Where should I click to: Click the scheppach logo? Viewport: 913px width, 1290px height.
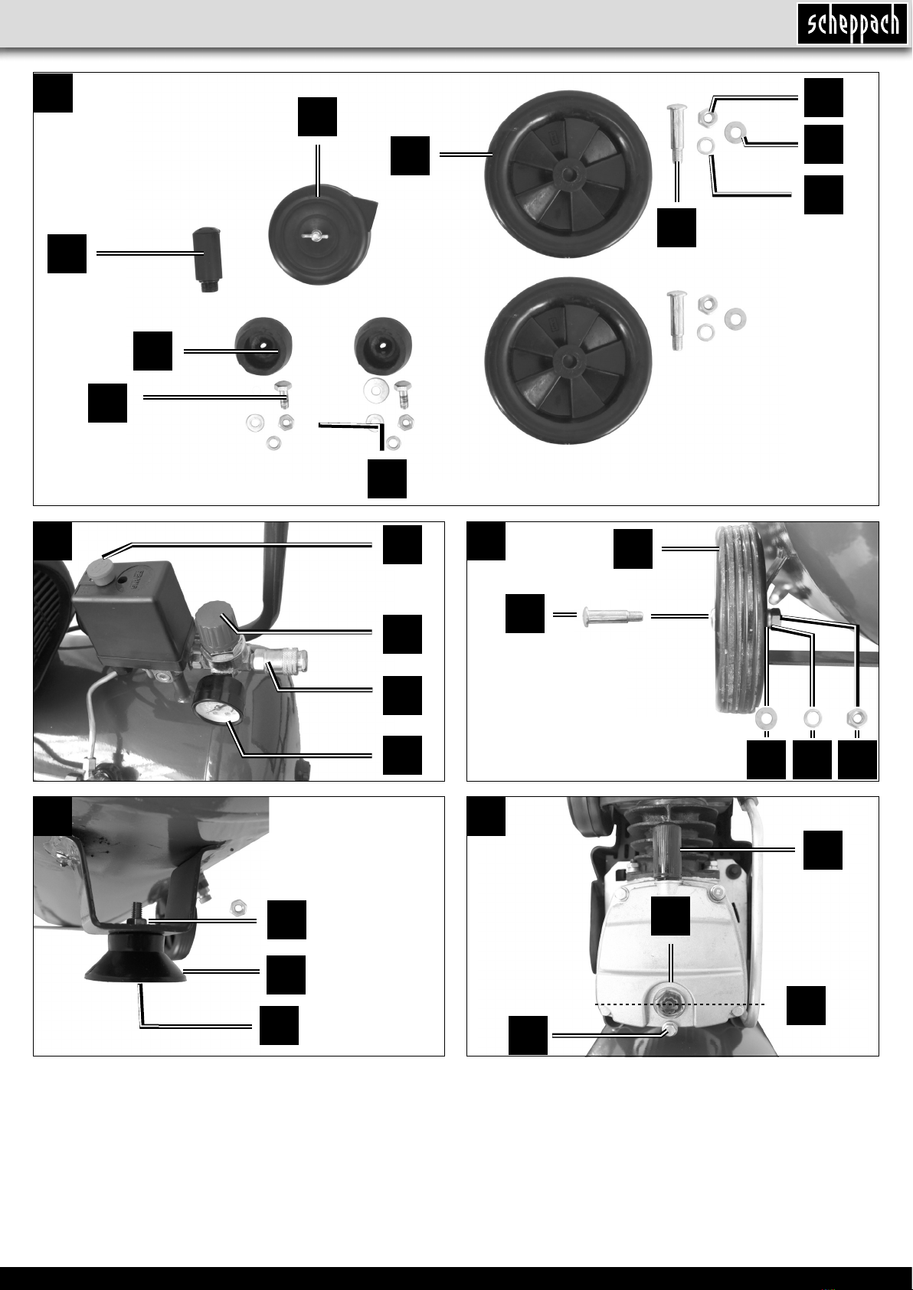[x=852, y=24]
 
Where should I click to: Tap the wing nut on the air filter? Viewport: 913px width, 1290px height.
[x=316, y=235]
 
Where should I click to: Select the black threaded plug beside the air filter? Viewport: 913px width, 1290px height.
[x=206, y=260]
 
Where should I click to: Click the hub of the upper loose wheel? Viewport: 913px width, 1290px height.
[x=568, y=174]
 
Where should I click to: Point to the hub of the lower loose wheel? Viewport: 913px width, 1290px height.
[x=568, y=361]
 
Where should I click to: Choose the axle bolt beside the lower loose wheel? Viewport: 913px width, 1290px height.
[x=677, y=320]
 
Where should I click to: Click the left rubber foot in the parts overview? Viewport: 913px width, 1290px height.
[x=263, y=346]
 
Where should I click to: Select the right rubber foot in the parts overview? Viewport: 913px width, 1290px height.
[x=383, y=346]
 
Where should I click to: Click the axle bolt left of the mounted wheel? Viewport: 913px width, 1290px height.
[x=613, y=616]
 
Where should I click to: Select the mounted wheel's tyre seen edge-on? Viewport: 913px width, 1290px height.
[x=740, y=619]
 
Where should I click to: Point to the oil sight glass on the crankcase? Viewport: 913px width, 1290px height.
[x=670, y=1005]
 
